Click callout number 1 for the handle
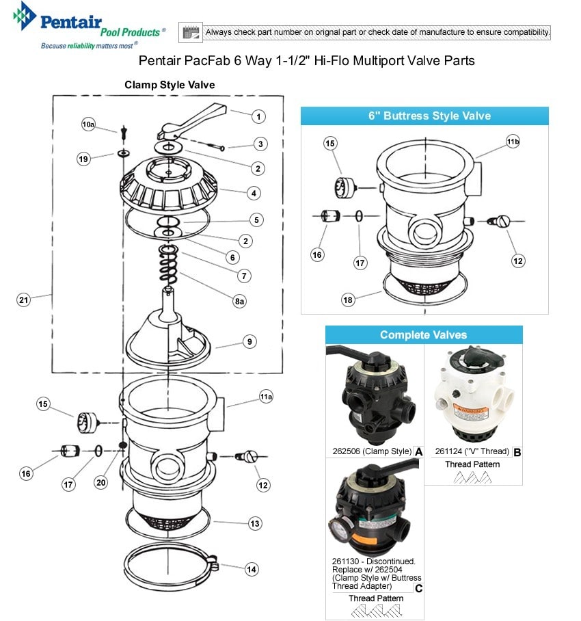coord(258,117)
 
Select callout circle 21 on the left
coord(25,300)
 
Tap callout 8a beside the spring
coord(239,302)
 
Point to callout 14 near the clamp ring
coord(252,568)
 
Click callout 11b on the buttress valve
coord(513,142)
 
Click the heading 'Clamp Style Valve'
coord(170,85)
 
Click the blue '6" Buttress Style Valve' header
coord(424,116)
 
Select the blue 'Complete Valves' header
coord(424,335)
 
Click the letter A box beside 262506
coord(418,451)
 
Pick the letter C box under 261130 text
coord(418,587)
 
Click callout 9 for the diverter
coord(249,341)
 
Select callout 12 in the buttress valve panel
coord(518,260)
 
